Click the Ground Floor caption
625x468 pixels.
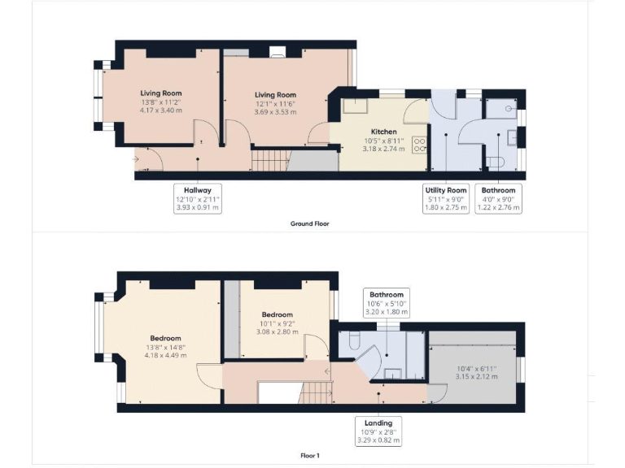(309, 223)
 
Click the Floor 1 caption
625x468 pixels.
(309, 456)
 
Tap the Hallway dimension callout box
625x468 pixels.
(197, 199)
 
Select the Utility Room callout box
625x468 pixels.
(445, 199)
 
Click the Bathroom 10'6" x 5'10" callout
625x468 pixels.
(387, 302)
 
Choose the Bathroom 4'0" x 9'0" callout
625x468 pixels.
(498, 199)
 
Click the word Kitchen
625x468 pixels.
(384, 132)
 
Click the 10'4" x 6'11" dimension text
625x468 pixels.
(475, 372)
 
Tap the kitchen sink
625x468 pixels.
(356, 106)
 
